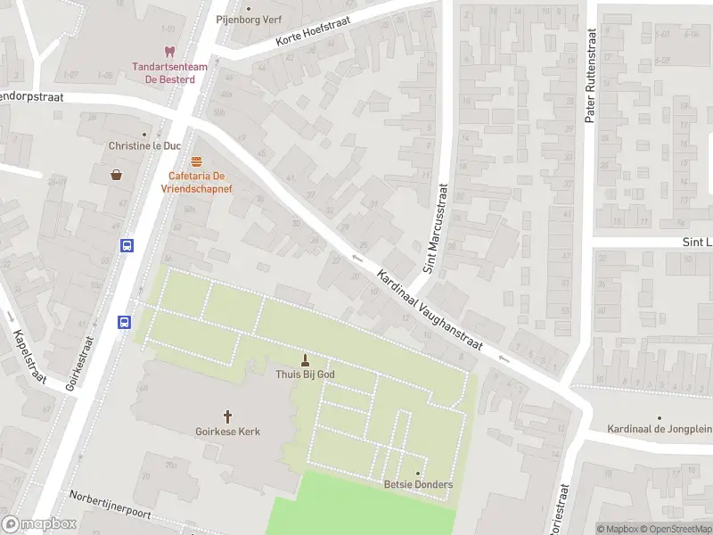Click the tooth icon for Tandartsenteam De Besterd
168,53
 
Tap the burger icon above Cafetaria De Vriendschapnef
196,161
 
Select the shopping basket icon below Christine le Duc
116,175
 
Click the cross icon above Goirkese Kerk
227,416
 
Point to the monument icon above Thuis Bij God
306,360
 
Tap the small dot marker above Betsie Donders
417,473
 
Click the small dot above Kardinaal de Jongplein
660,417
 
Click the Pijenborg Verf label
248,19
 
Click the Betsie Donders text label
418,485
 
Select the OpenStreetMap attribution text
675,529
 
